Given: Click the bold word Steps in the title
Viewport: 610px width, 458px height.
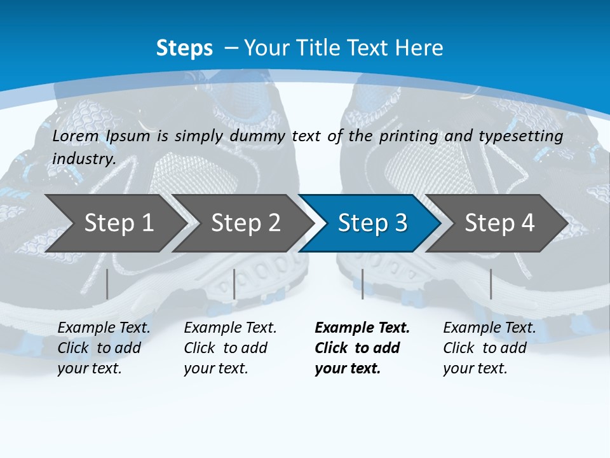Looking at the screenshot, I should coord(184,48).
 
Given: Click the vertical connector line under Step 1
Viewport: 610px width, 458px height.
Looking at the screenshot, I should coord(107,284).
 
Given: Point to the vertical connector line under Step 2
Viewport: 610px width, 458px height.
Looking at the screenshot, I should coord(234,284).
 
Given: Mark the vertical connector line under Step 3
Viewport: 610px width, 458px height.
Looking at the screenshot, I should coord(362,284).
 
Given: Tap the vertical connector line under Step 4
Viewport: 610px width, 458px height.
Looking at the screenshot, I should coord(491,284).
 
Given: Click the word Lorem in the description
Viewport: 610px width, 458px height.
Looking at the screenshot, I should coord(76,136).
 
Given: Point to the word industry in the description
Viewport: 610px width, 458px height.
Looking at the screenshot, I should coord(83,159).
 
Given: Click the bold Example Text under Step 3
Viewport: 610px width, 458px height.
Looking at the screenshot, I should coord(362,328).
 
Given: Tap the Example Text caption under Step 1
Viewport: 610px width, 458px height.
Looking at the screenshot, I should coord(104,328).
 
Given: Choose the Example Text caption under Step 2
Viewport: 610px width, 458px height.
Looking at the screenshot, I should coord(230,328).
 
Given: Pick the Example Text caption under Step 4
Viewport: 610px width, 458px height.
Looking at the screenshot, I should coord(489,328).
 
